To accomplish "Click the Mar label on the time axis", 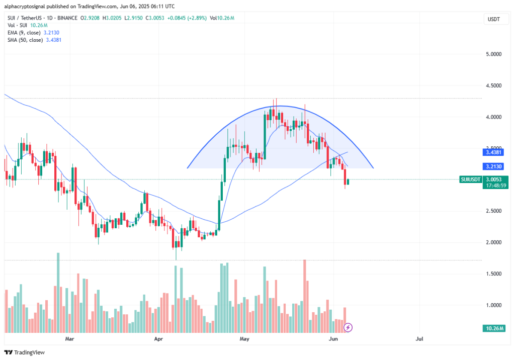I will tap(70, 339).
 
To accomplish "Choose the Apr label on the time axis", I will tap(158, 339).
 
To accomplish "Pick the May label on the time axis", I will tap(245, 339).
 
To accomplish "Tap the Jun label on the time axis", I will tap(332, 339).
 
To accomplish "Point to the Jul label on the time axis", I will tap(419, 339).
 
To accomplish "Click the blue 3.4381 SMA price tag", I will tap(495, 152).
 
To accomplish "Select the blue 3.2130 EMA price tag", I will tap(495, 166).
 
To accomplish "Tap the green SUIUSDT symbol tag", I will tap(471, 179).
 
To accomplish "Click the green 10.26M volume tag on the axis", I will tap(495, 328).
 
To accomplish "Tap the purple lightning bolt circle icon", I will tap(348, 327).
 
